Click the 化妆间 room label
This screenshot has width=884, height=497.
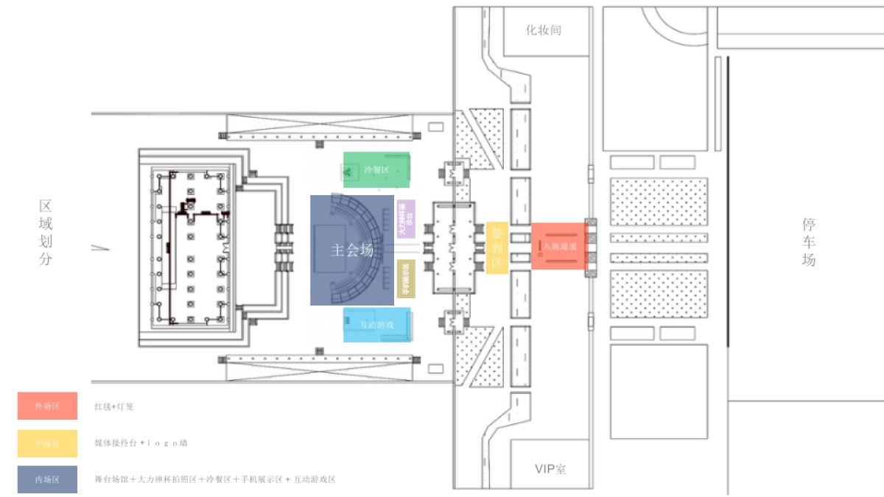[544, 31]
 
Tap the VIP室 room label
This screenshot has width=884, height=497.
[551, 469]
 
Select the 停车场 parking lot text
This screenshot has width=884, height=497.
[809, 242]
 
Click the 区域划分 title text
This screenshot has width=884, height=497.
[46, 233]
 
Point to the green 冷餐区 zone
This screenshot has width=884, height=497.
[376, 170]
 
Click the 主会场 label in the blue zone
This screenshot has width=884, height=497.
[352, 250]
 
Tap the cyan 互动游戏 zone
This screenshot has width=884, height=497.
[376, 325]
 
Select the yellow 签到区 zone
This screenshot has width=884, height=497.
[497, 247]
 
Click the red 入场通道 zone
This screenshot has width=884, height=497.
[559, 246]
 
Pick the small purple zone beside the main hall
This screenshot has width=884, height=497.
[406, 219]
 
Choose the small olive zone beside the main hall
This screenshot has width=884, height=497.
[406, 278]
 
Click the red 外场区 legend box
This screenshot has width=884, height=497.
[47, 406]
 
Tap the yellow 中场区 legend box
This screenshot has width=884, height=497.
[47, 443]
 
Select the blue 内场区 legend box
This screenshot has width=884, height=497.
[47, 479]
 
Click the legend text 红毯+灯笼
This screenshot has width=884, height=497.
[113, 406]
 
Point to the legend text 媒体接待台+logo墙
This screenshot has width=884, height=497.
[141, 443]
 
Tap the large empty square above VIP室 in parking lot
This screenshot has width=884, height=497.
[659, 391]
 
